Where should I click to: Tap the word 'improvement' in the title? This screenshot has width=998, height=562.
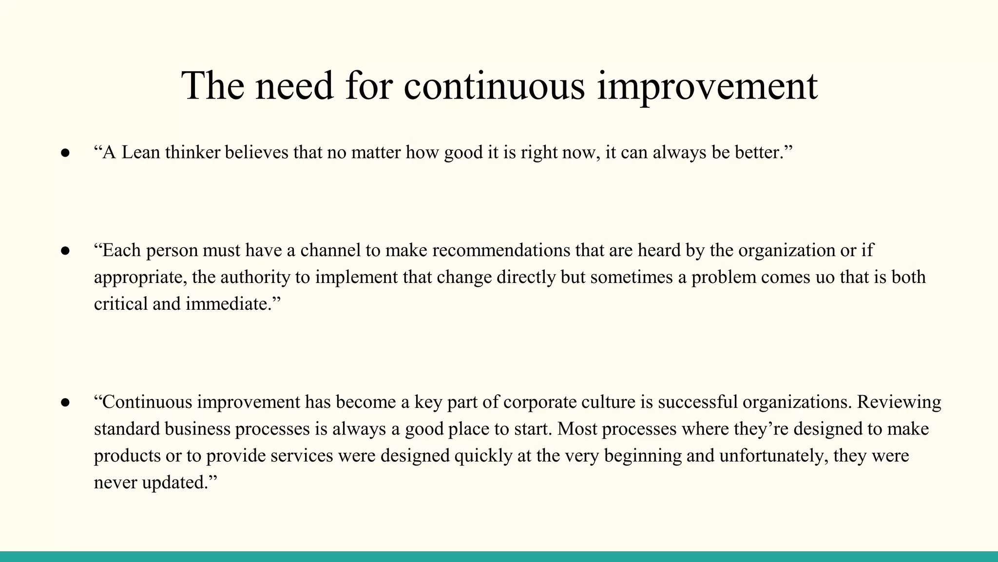pos(707,87)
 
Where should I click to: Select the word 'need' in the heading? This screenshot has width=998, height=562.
pos(294,86)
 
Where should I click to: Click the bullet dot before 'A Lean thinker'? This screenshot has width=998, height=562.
pos(65,153)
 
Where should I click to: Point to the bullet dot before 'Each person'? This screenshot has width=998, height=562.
pos(65,251)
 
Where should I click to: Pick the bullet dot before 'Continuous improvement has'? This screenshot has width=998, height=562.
pos(65,402)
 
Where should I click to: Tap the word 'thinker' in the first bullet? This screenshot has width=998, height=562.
pos(193,153)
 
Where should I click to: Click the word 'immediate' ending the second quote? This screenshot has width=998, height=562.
pos(227,304)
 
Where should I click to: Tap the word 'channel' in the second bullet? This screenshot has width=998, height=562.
pos(331,250)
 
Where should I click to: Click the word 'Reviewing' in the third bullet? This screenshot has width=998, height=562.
pos(899,402)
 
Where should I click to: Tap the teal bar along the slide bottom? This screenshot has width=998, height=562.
pos(499,557)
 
